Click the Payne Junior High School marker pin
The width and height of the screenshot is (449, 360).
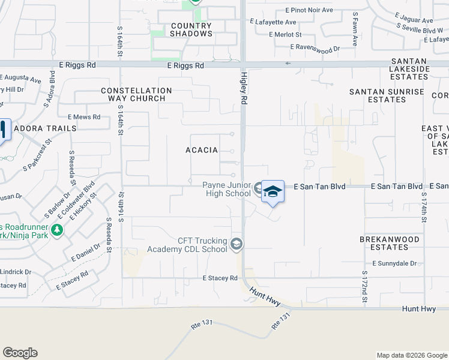point(273,192)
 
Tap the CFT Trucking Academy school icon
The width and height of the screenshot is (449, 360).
point(237,245)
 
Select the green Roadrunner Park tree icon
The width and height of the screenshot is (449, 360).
point(56,230)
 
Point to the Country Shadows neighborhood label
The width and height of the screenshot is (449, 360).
point(191,30)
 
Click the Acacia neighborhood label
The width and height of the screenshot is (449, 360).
point(202,150)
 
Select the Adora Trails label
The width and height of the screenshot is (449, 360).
point(45,128)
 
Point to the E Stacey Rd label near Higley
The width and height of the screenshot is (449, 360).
point(220,278)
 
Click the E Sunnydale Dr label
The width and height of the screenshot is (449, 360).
point(394,263)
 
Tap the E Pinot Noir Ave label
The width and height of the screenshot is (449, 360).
point(309,10)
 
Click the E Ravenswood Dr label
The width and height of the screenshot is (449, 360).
point(315,47)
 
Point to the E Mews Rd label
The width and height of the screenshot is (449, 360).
point(84,117)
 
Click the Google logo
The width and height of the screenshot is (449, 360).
point(20,353)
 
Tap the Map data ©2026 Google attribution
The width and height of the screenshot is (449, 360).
point(411,355)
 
